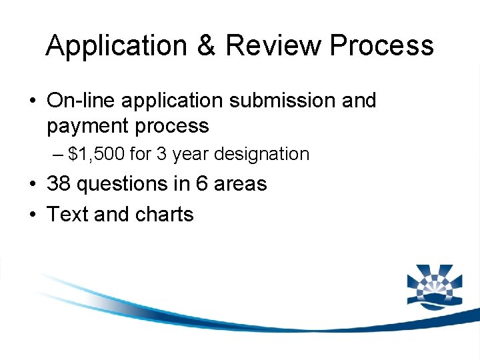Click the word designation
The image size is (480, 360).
click(x=263, y=155)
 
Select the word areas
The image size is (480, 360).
click(x=241, y=184)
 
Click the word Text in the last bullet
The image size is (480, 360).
click(x=67, y=215)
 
